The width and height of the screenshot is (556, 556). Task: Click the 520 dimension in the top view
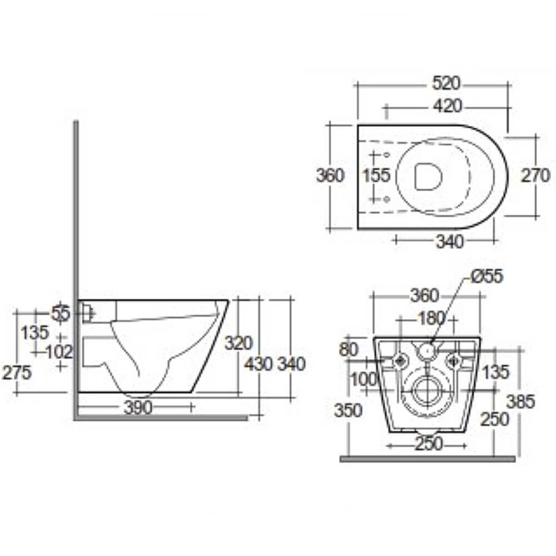click(446, 83)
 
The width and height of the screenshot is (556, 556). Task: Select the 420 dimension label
click(446, 105)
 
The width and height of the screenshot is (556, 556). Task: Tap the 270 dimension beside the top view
click(535, 176)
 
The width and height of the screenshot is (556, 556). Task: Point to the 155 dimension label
click(376, 176)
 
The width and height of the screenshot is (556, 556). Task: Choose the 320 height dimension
click(239, 343)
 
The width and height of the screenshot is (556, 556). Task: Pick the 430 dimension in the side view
click(259, 364)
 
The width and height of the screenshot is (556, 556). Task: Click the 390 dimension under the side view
click(137, 408)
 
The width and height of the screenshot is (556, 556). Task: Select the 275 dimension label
click(16, 373)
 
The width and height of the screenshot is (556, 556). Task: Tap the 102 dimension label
click(59, 351)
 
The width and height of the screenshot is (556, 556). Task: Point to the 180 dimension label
click(431, 319)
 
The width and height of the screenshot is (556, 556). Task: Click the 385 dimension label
click(520, 402)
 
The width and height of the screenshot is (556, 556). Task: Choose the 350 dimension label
click(348, 410)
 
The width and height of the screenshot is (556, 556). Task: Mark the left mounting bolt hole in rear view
click(400, 361)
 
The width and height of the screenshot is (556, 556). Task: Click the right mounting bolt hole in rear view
click(455, 361)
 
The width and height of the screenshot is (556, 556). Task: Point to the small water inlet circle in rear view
click(427, 350)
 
